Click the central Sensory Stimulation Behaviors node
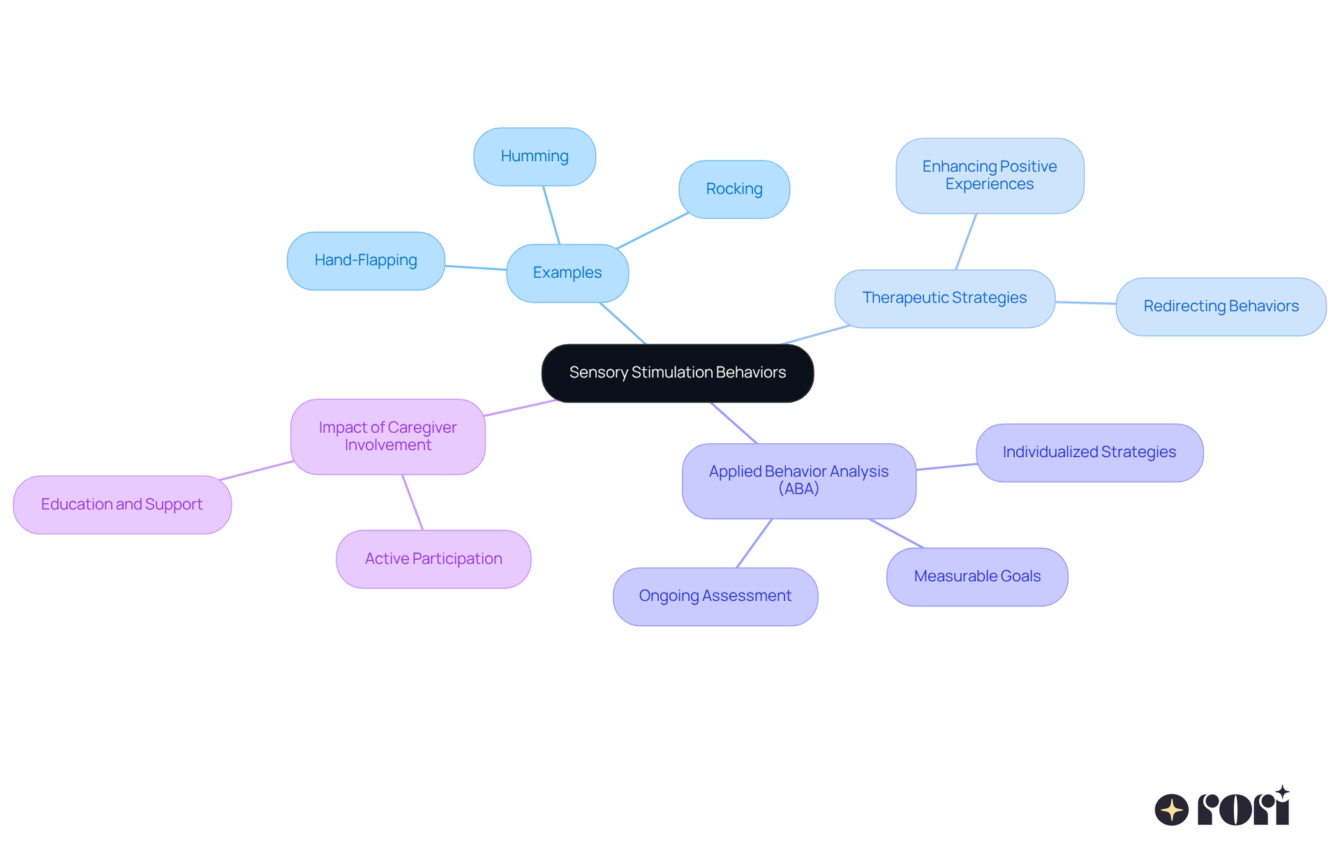coord(677,373)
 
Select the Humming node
coord(535,156)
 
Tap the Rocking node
coord(734,189)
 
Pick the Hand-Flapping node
coord(366,260)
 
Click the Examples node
coord(567,273)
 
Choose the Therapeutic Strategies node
coord(944,298)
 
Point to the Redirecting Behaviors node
coord(1221,306)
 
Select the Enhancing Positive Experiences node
coord(990,175)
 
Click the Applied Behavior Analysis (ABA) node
coord(798,480)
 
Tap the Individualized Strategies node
coord(1089,452)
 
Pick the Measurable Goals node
coord(977,577)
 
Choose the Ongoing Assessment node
coord(715,596)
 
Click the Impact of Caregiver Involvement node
coord(387,436)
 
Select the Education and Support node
coord(122,505)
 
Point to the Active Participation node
coord(433,559)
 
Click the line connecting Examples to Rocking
coord(653,230)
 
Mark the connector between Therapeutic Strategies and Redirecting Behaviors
coord(1085,303)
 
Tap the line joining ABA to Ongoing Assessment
coord(754,543)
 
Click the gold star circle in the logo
coord(1172,810)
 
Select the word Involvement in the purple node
coord(387,445)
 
